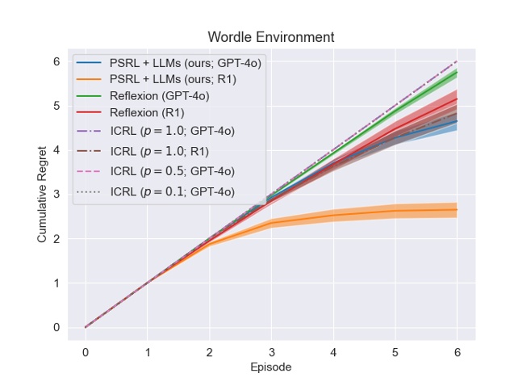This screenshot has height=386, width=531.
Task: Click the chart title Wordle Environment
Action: (x=270, y=37)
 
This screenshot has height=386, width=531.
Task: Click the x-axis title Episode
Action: (x=270, y=367)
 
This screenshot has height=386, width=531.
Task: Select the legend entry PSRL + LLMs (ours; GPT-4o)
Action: (x=185, y=63)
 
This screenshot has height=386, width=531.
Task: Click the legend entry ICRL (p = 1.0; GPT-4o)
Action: (x=172, y=131)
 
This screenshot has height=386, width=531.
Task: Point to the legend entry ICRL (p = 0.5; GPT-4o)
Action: (x=172, y=170)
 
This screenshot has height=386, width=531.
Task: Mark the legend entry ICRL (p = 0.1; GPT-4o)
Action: (x=172, y=191)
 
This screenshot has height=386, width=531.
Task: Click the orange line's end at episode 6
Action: (x=457, y=209)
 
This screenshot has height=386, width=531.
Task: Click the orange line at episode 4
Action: (x=333, y=214)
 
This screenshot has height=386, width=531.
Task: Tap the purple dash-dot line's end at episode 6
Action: (x=457, y=61)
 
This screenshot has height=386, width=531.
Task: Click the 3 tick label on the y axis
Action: (x=56, y=195)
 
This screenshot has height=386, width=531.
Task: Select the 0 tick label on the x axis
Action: (x=86, y=351)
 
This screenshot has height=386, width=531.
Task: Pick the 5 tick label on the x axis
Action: (x=395, y=351)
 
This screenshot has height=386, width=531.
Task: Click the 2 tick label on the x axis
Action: (x=209, y=351)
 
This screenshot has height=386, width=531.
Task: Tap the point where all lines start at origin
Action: (x=86, y=327)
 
